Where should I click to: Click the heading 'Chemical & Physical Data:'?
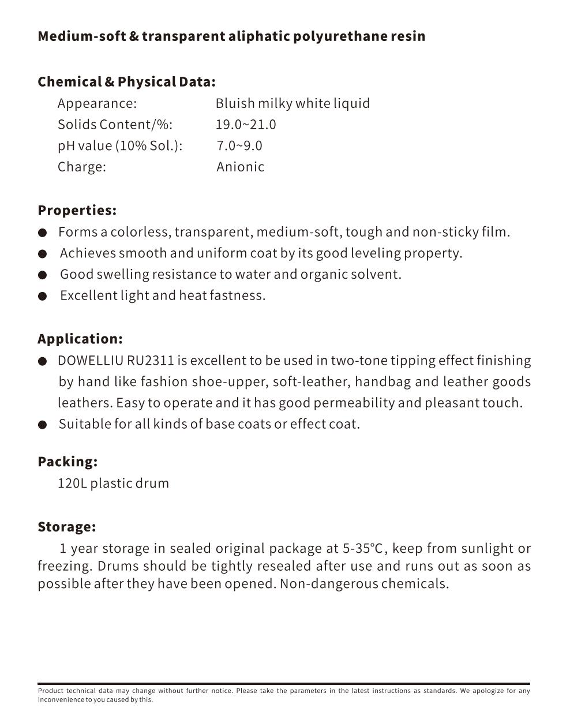(x=126, y=81)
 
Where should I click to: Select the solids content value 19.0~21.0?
(x=246, y=125)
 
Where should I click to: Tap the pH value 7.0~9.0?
(x=239, y=145)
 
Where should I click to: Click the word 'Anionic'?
(x=240, y=167)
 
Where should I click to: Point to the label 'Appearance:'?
(x=97, y=103)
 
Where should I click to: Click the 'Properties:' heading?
(x=77, y=210)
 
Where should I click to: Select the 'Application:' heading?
(x=80, y=339)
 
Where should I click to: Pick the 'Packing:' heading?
(x=67, y=462)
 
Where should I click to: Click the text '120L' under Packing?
(x=72, y=483)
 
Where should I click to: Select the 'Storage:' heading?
(x=66, y=527)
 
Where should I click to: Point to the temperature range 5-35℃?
(x=362, y=548)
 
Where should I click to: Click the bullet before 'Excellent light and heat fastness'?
(x=42, y=297)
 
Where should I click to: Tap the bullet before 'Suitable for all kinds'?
(x=42, y=425)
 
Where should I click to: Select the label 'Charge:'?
(x=81, y=167)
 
